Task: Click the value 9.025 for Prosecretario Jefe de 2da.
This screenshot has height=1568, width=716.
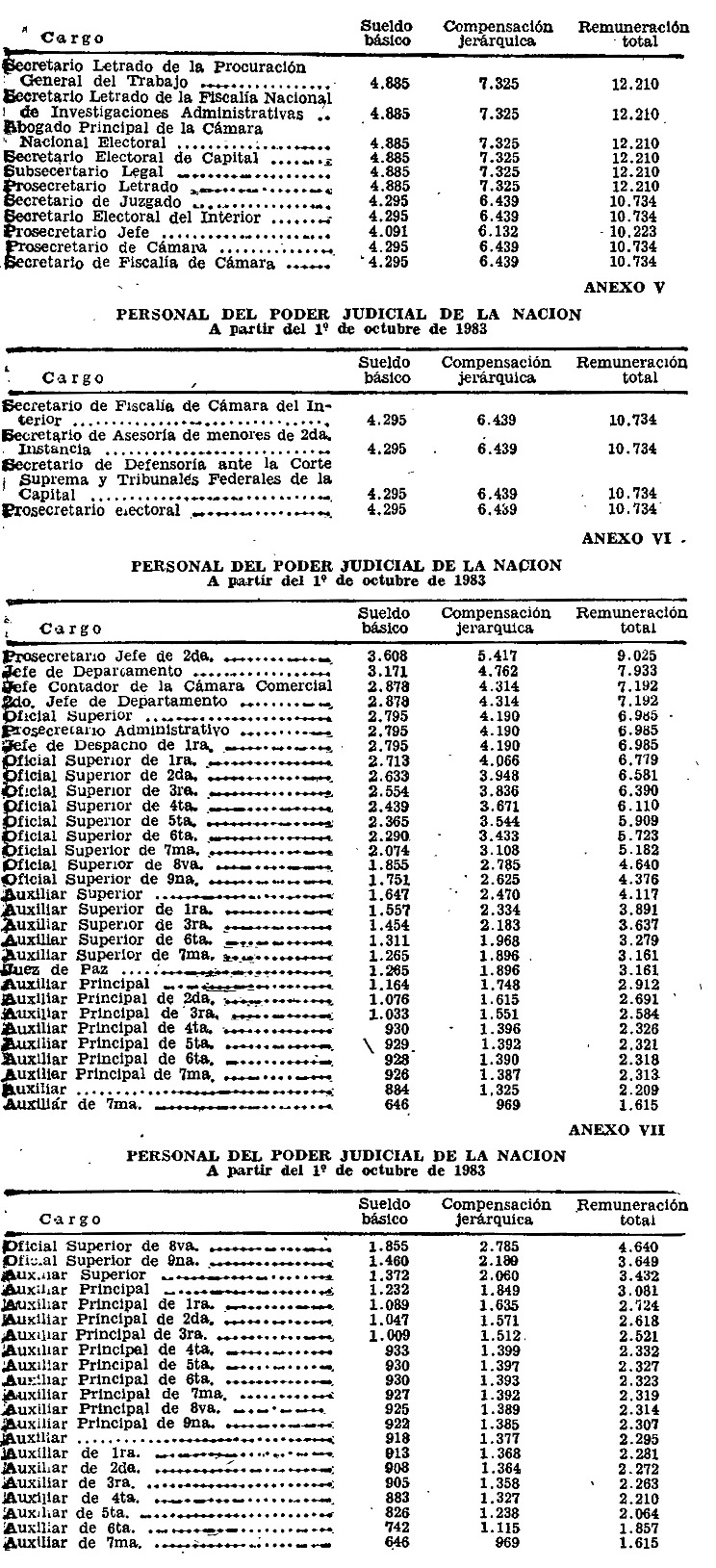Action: [x=635, y=656]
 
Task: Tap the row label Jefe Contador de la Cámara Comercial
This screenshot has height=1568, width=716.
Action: [x=169, y=686]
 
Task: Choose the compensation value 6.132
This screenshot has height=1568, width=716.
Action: [x=499, y=233]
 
